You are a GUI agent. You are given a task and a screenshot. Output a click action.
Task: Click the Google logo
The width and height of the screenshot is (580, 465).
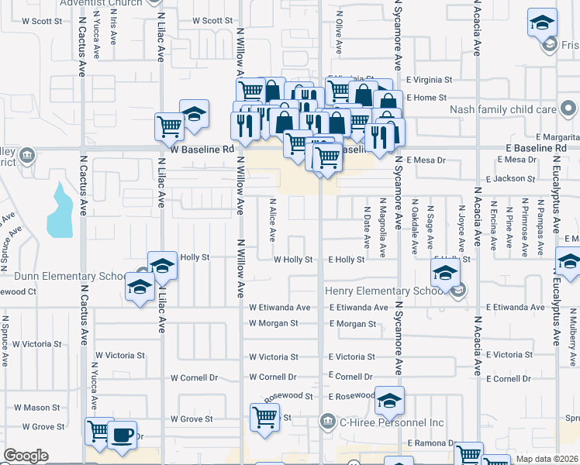tap(26, 456)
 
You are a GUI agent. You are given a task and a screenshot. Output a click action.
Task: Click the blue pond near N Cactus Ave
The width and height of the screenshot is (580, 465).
tap(59, 210)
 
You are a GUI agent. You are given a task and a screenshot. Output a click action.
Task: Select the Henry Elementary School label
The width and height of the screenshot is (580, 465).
tap(386, 291)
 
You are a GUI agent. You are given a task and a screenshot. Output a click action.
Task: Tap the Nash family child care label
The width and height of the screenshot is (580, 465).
tap(503, 109)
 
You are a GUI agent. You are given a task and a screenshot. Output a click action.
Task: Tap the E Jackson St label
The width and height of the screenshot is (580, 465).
tap(506, 178)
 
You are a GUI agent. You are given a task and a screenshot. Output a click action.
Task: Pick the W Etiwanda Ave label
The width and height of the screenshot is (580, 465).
tap(280, 308)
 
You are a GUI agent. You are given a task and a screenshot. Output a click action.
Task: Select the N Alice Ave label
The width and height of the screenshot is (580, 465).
tap(272, 222)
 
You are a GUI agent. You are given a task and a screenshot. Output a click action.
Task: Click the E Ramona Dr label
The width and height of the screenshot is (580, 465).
tap(430, 442)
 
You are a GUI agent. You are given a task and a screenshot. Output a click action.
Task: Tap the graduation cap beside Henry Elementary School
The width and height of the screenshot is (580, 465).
tap(446, 273)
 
